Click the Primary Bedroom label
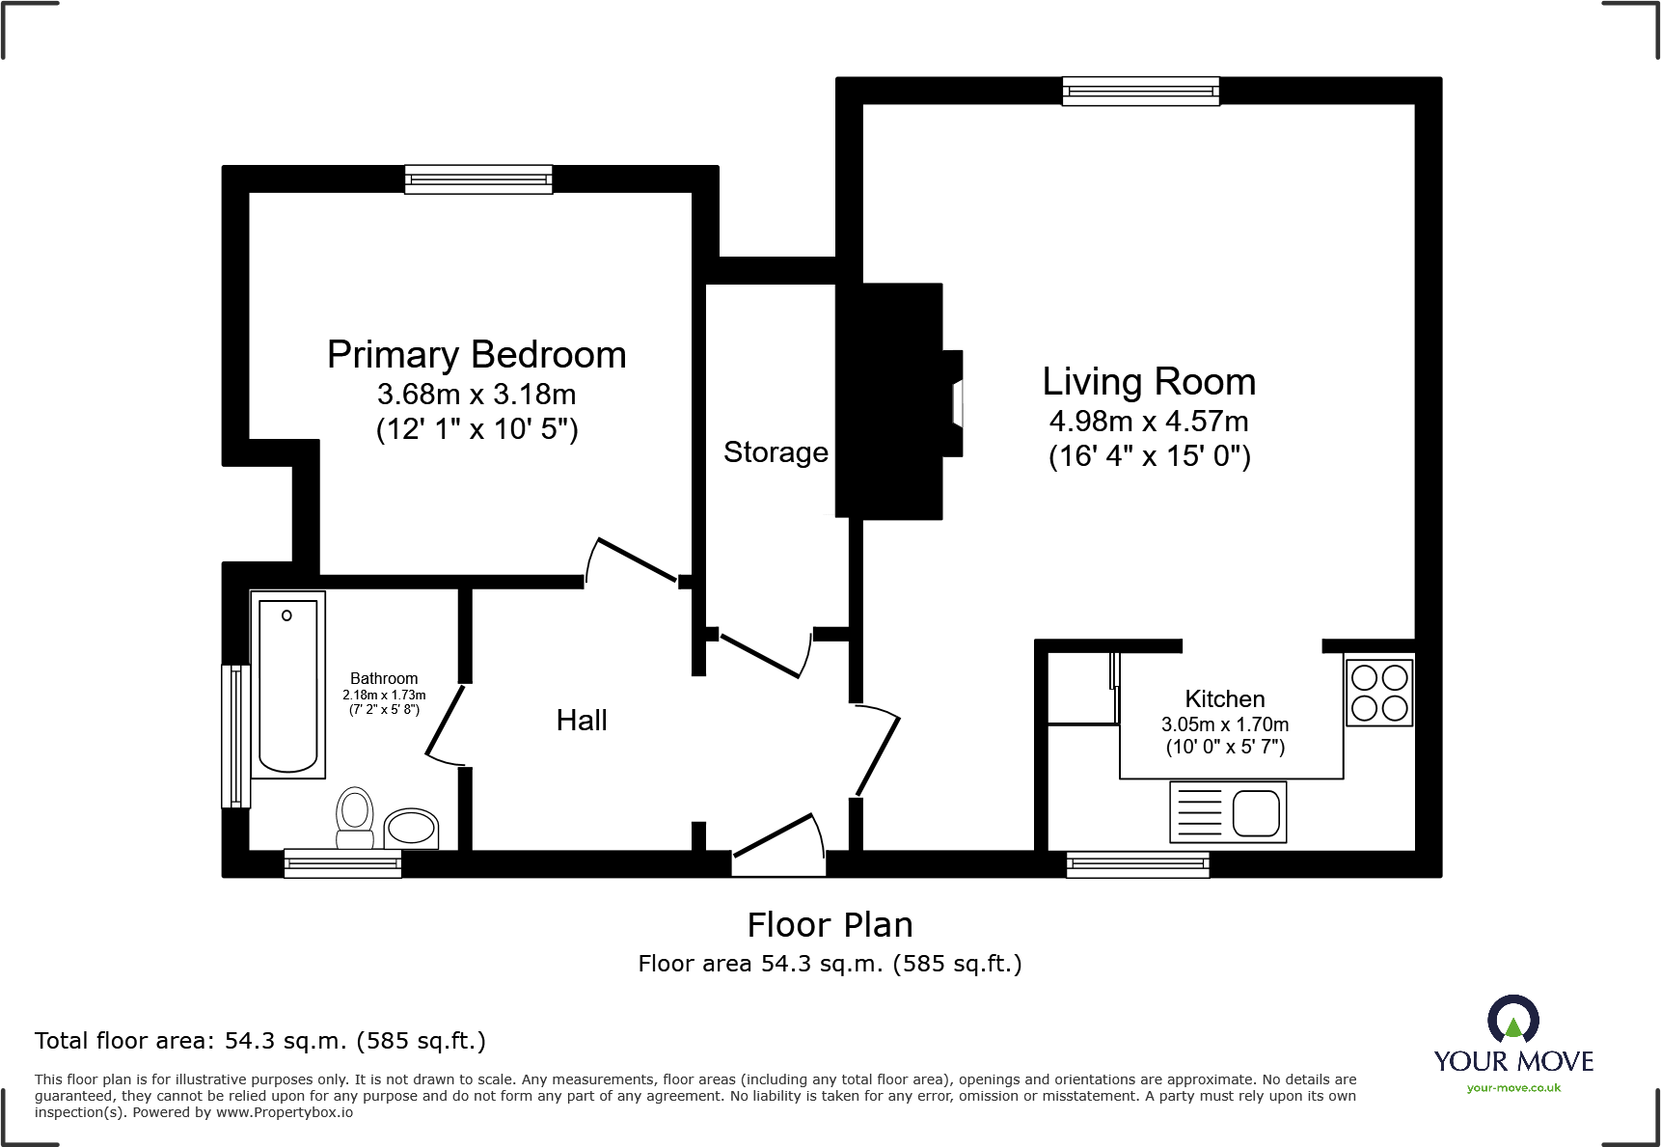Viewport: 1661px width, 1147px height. point(477,355)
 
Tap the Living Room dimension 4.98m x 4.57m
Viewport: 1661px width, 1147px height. point(1149,422)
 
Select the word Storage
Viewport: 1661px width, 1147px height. point(776,452)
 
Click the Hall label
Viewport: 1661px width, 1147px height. point(582,721)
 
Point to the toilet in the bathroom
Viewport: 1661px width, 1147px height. point(355,816)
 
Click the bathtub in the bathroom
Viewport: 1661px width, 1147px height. point(287,685)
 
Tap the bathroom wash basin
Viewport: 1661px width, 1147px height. point(411,828)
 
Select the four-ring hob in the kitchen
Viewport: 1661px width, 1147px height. point(1379,692)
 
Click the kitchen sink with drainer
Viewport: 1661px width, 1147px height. point(1228,812)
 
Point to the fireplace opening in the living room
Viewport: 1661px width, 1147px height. point(956,402)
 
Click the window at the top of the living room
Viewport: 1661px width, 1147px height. point(1140,92)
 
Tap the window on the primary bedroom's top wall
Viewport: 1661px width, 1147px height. point(478,179)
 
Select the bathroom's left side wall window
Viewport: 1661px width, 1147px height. point(235,735)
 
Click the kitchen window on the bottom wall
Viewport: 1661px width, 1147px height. point(1137,864)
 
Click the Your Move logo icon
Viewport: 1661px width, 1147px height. point(1512,1020)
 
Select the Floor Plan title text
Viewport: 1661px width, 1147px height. point(830,925)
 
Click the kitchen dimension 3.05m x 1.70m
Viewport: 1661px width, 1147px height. point(1224,724)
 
